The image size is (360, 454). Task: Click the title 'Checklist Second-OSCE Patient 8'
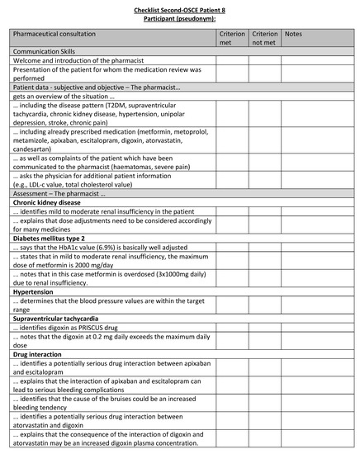[180, 6]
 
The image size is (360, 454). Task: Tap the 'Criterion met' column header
[230, 39]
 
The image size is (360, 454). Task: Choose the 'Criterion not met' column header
[264, 39]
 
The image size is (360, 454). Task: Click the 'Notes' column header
[294, 35]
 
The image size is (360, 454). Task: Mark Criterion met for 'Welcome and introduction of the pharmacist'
[230, 61]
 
